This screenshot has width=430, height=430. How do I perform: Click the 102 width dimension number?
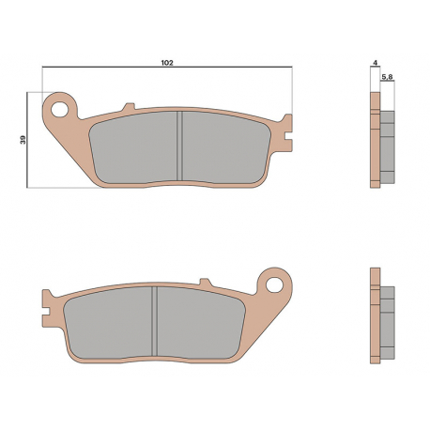click(x=167, y=63)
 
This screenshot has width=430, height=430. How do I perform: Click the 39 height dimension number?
click(x=23, y=140)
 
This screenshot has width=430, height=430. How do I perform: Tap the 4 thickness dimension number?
click(x=376, y=63)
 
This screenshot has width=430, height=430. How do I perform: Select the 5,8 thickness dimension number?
click(x=388, y=77)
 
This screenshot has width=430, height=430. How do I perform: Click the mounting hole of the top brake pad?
click(x=59, y=109)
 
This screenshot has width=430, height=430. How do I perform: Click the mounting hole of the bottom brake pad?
click(x=274, y=284)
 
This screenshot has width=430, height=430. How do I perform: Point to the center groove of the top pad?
click(x=179, y=146)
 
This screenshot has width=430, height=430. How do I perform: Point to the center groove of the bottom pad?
click(x=154, y=322)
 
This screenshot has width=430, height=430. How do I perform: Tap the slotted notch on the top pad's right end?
click(x=288, y=136)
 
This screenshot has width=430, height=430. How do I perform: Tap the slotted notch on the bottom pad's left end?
click(x=46, y=312)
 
